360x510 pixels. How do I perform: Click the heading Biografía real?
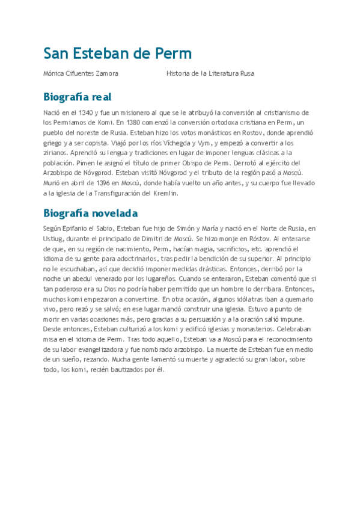[77, 97]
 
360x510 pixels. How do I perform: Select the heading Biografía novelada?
[90, 213]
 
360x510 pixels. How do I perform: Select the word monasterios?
[245, 330]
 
